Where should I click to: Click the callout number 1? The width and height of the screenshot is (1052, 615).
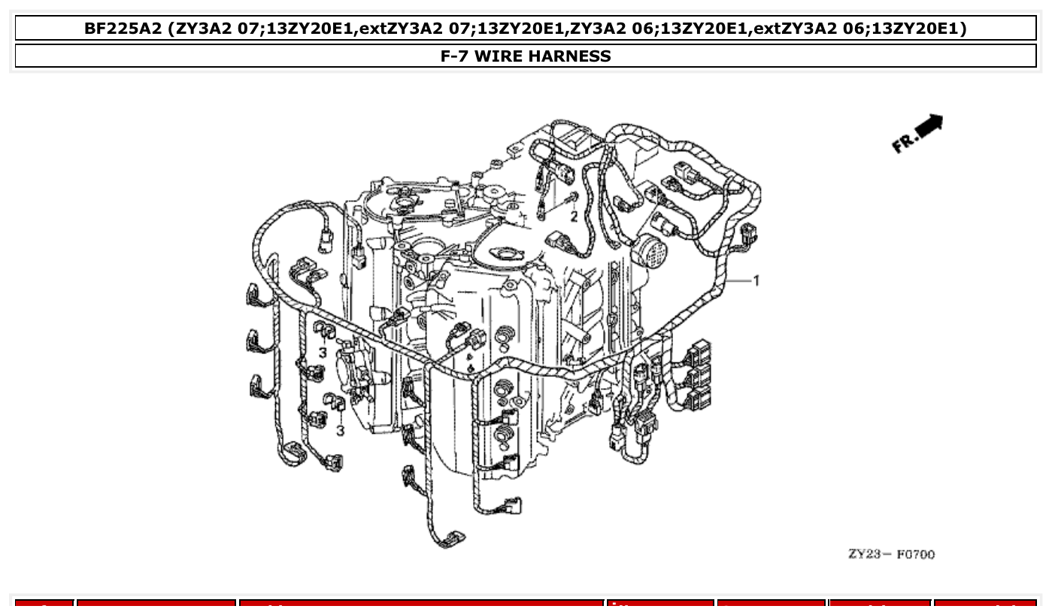coord(756,280)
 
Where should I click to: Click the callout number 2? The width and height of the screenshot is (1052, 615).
coord(573,217)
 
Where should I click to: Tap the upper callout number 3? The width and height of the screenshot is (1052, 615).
coord(322,353)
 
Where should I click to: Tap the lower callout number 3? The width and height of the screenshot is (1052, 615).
coord(340,430)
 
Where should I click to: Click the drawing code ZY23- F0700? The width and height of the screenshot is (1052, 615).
coord(891,555)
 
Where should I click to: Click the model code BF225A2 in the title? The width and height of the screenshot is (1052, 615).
coord(123,29)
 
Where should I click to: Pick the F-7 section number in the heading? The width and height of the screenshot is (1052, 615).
coord(455,56)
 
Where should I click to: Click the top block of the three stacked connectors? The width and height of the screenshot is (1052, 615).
coord(698,350)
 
